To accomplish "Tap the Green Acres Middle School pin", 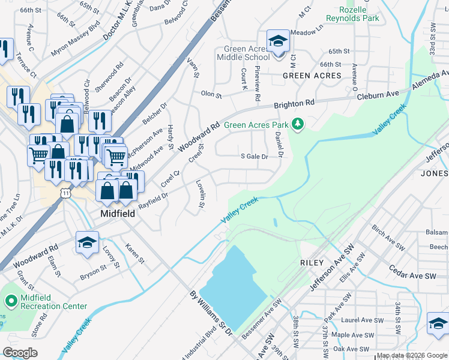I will point(277,43).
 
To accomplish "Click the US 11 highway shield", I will point(65,193).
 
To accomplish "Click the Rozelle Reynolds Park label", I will point(359,14).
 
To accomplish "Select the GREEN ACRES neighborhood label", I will point(312,76).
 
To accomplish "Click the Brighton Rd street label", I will point(294,104).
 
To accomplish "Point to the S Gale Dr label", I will point(253,156).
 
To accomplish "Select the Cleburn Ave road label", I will point(378,95).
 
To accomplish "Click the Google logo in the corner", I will point(20,352).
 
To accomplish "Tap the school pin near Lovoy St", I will point(87,243).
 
